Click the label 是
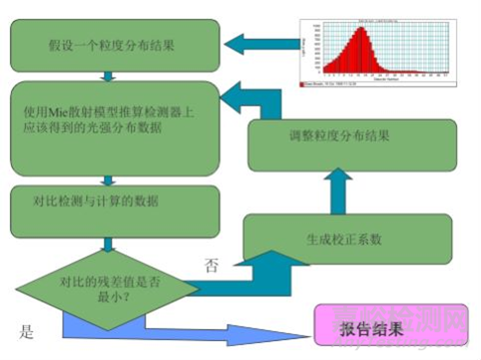pos(28,328)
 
